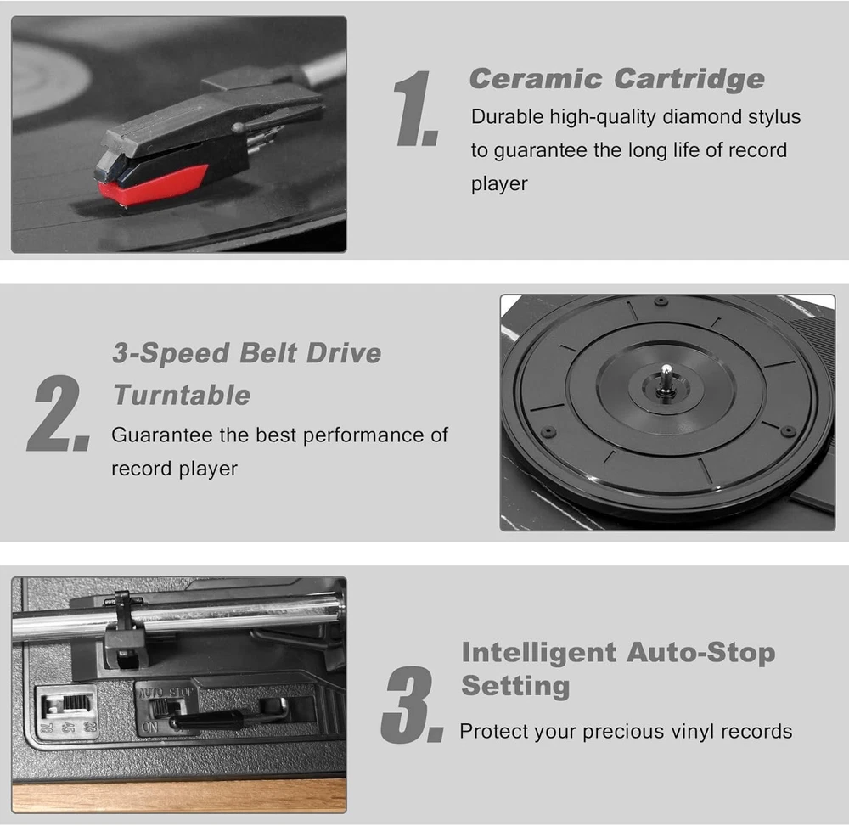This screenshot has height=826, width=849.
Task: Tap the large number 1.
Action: tap(415, 109)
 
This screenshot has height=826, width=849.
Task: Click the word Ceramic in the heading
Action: tap(536, 79)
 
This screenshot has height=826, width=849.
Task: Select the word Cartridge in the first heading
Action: tap(689, 79)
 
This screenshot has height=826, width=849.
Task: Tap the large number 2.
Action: tap(58, 413)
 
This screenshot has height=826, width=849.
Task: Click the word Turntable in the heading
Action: tap(182, 395)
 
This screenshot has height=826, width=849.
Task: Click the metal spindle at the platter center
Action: tap(666, 379)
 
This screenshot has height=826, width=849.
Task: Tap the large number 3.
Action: tap(412, 705)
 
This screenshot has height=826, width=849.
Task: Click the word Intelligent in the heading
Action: tap(539, 652)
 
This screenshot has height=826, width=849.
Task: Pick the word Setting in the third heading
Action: tap(515, 686)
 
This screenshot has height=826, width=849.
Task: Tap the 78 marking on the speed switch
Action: tap(47, 727)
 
